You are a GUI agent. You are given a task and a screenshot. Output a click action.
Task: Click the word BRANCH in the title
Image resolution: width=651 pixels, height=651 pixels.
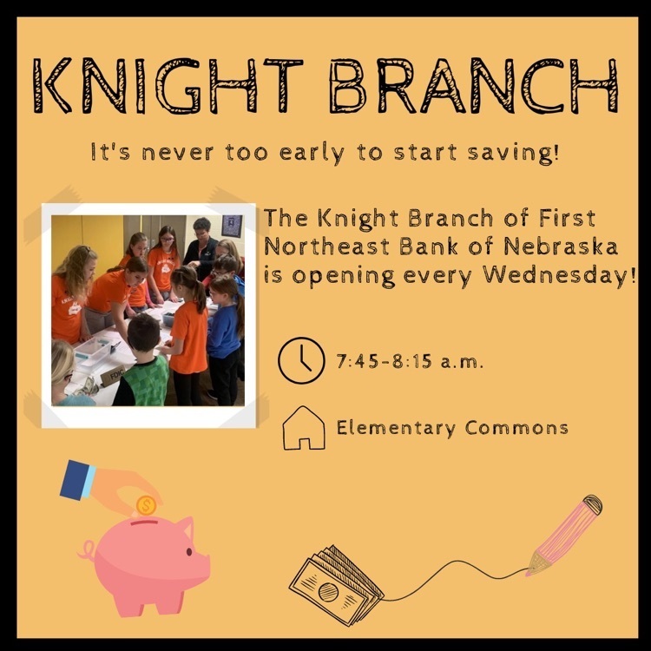coord(474,86)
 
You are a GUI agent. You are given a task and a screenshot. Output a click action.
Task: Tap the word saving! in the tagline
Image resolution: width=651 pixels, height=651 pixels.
coord(513,153)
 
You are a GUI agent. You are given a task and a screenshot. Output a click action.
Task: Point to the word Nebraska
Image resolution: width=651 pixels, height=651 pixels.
coord(561,247)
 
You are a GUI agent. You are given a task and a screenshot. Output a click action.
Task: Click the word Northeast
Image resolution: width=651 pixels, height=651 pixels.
coord(326,247)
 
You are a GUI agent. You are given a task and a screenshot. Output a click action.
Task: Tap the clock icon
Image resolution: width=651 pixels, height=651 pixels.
coord(301,360)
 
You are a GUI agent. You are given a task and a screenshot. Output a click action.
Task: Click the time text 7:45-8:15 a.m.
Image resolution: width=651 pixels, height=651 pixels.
coord(410,362)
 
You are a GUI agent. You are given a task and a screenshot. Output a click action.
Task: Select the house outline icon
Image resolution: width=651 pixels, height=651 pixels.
coord(304,428)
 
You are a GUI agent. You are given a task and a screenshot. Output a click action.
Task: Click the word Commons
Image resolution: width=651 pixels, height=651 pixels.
coord(516,428)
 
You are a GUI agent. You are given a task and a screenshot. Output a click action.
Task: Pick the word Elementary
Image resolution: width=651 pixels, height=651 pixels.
coord(396,429)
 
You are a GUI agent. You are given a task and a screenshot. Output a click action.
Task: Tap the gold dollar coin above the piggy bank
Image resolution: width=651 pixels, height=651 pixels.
coord(146,506)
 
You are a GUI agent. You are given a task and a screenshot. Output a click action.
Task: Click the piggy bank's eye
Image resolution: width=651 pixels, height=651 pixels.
coord(189,552)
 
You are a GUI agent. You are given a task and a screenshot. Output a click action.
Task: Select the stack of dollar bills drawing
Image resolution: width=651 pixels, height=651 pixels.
coord(336,585)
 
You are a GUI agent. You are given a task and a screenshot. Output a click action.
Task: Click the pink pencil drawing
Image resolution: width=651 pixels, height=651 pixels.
coord(565,534)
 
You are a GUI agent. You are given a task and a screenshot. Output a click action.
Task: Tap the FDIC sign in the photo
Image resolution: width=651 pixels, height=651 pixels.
coord(113,376)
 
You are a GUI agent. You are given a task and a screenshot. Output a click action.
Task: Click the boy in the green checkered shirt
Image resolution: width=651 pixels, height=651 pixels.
coord(142,361)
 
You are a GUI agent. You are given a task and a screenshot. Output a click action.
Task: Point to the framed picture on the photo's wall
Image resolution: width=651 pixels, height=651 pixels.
coord(231,226)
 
